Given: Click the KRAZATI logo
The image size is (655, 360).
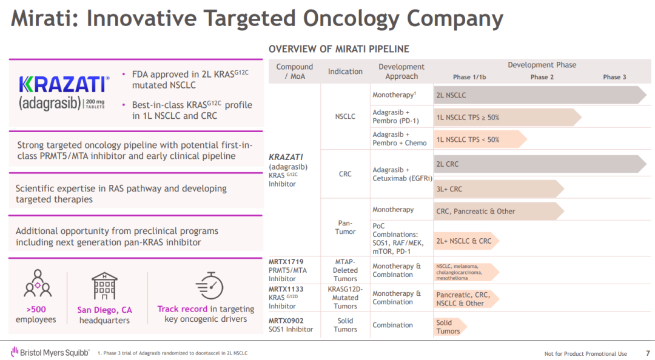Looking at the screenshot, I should pyautogui.click(x=64, y=92).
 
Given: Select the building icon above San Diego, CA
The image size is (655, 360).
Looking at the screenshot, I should pyautogui.click(x=104, y=285).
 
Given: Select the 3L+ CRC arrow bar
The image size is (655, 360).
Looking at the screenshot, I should pyautogui.click(x=498, y=189).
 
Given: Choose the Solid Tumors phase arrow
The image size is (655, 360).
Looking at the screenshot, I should pyautogui.click(x=449, y=327).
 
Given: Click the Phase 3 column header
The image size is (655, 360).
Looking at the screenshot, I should pyautogui.click(x=614, y=77).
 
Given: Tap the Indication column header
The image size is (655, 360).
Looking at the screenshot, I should pyautogui.click(x=345, y=72).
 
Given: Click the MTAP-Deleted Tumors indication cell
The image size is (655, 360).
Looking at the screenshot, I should pyautogui.click(x=345, y=270).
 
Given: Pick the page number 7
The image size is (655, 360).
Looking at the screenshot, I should pyautogui.click(x=648, y=353).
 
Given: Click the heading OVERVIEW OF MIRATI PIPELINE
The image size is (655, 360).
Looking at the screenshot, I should pyautogui.click(x=339, y=49).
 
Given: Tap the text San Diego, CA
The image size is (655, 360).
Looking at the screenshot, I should pyautogui.click(x=104, y=310).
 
